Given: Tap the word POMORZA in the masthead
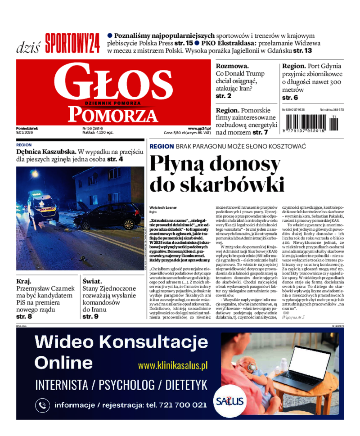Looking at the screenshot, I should [115, 115].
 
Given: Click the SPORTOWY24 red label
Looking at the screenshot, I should [72, 44].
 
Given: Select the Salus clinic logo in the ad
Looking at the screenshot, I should [229, 401].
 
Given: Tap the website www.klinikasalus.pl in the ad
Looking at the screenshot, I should [172, 366].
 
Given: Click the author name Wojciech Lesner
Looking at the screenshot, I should [161, 207].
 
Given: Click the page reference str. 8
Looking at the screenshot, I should [24, 317].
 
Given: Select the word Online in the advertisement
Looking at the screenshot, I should [63, 363].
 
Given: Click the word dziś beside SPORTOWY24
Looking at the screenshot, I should [28, 47].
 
